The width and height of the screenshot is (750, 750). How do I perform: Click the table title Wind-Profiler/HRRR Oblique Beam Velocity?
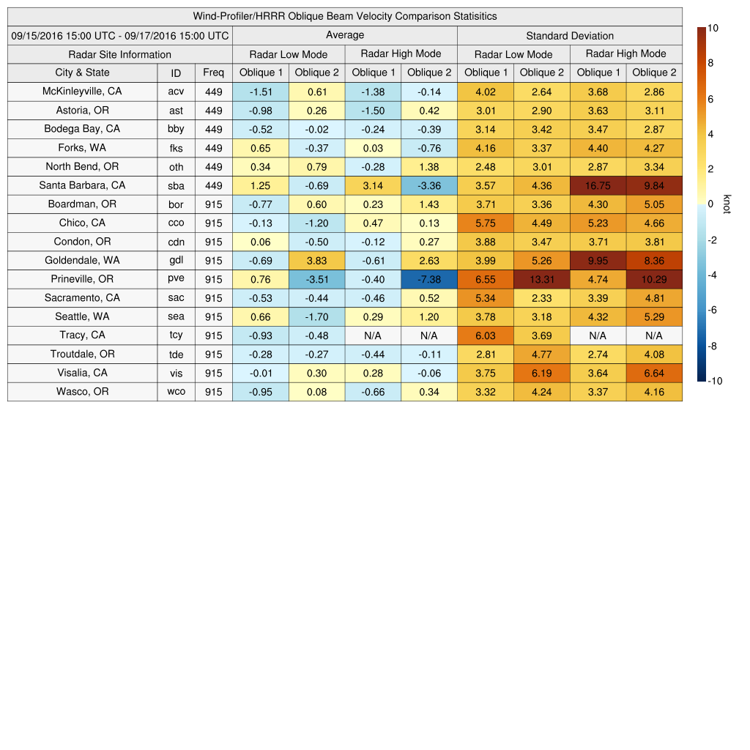coord(345,16)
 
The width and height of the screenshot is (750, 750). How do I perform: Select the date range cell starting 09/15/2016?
coord(120,35)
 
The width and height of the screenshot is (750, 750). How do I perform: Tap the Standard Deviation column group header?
coord(570,35)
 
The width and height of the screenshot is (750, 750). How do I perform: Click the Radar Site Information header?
coord(120,54)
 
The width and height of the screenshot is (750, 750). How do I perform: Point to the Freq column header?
coord(213,73)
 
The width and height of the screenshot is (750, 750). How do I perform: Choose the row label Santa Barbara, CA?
coord(82,185)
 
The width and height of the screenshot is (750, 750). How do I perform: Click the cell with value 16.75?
coord(598,185)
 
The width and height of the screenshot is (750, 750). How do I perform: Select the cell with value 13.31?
coord(542,279)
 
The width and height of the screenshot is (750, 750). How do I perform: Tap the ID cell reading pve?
coord(176,279)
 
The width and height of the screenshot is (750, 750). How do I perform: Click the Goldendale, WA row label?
coord(82,260)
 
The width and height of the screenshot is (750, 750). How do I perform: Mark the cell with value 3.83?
coord(316,260)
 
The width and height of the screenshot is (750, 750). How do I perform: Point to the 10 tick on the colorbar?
coord(713,28)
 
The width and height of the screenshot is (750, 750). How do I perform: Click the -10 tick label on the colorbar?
coord(716,381)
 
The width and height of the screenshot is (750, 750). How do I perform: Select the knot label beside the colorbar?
coord(727,204)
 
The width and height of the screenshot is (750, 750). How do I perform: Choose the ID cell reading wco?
coord(176,392)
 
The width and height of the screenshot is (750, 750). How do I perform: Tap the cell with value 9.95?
coord(598,260)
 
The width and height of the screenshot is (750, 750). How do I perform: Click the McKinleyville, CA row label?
coord(82,92)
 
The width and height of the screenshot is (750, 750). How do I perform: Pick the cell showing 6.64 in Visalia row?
coord(654,373)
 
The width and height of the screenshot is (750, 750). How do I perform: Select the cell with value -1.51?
coord(260,92)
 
